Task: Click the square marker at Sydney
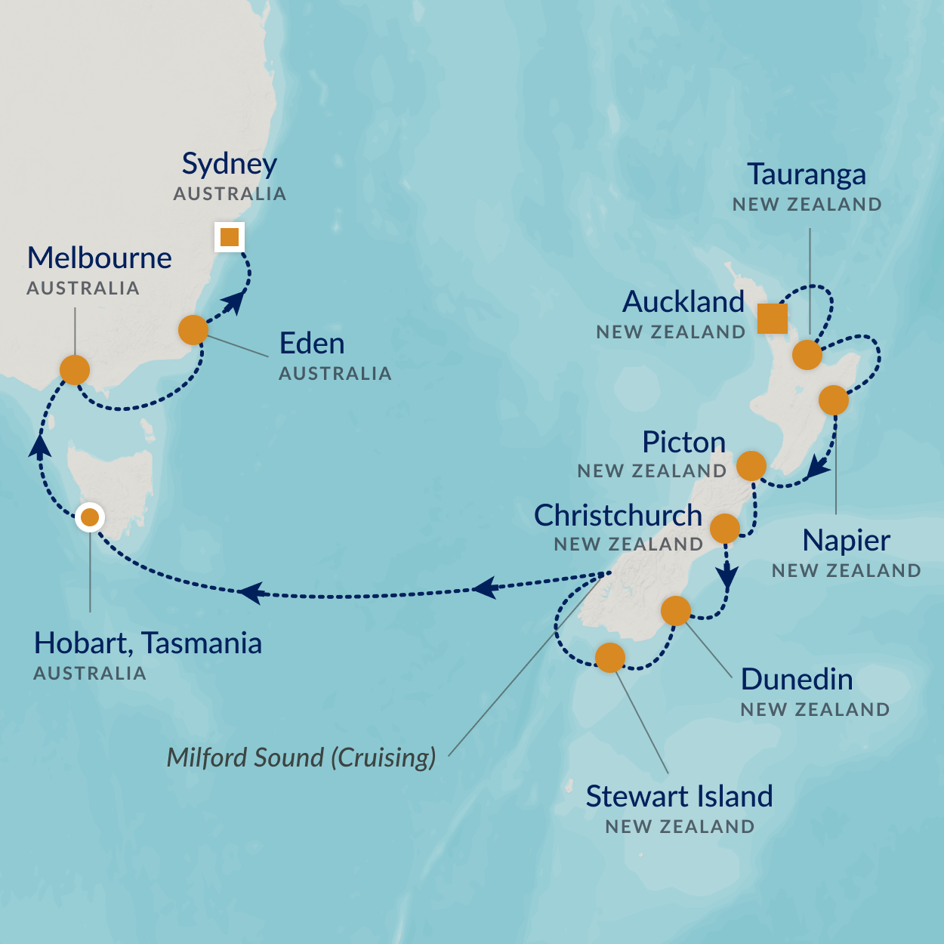pos(229,237)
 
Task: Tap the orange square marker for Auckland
pos(772,318)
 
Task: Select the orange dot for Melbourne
pos(75,370)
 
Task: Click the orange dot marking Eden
pos(193,330)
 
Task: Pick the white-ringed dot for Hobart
pos(90,517)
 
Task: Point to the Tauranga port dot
pos(807,354)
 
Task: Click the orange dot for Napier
pos(834,400)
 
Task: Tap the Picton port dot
pos(751,467)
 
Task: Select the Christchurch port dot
pos(725,528)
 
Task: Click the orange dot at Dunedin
pos(676,610)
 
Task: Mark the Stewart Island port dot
pos(610,657)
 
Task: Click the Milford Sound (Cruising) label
pos(301,757)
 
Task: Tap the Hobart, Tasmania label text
pos(148,643)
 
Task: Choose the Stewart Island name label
pos(679,797)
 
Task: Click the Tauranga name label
pos(807,174)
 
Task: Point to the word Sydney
pos(229,164)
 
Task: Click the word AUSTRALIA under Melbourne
pos(83,288)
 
